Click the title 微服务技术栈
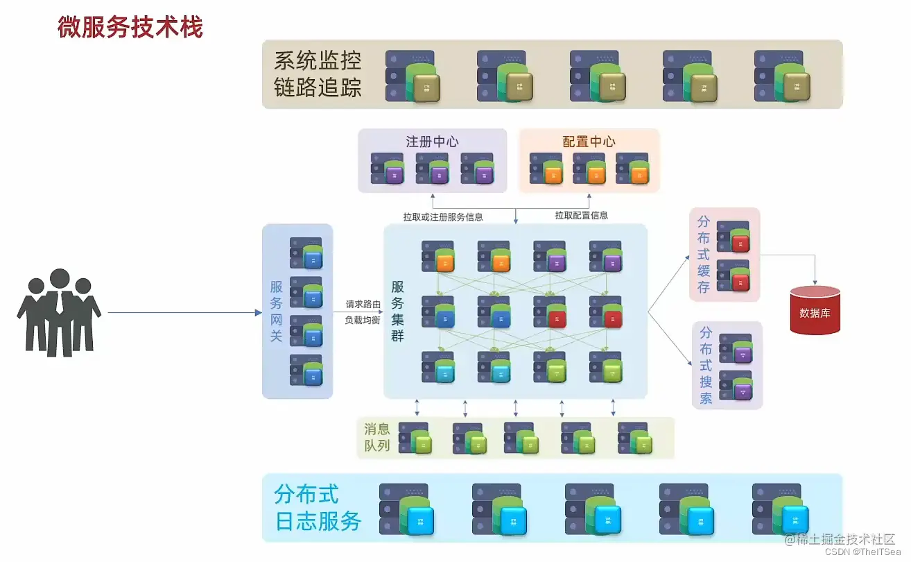[130, 28]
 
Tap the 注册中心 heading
[432, 142]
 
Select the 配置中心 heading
[589, 142]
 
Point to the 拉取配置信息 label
[581, 215]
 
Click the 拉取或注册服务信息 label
[443, 216]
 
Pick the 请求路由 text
[363, 305]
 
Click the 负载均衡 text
[363, 321]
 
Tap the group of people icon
[59, 312]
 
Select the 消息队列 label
[377, 437]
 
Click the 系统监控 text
[318, 60]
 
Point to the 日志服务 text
[318, 521]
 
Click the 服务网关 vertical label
[277, 311]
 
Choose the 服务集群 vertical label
[398, 311]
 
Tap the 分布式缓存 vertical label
[704, 255]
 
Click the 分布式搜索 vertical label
[706, 365]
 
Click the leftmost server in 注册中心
[387, 169]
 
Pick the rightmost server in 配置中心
[632, 169]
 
